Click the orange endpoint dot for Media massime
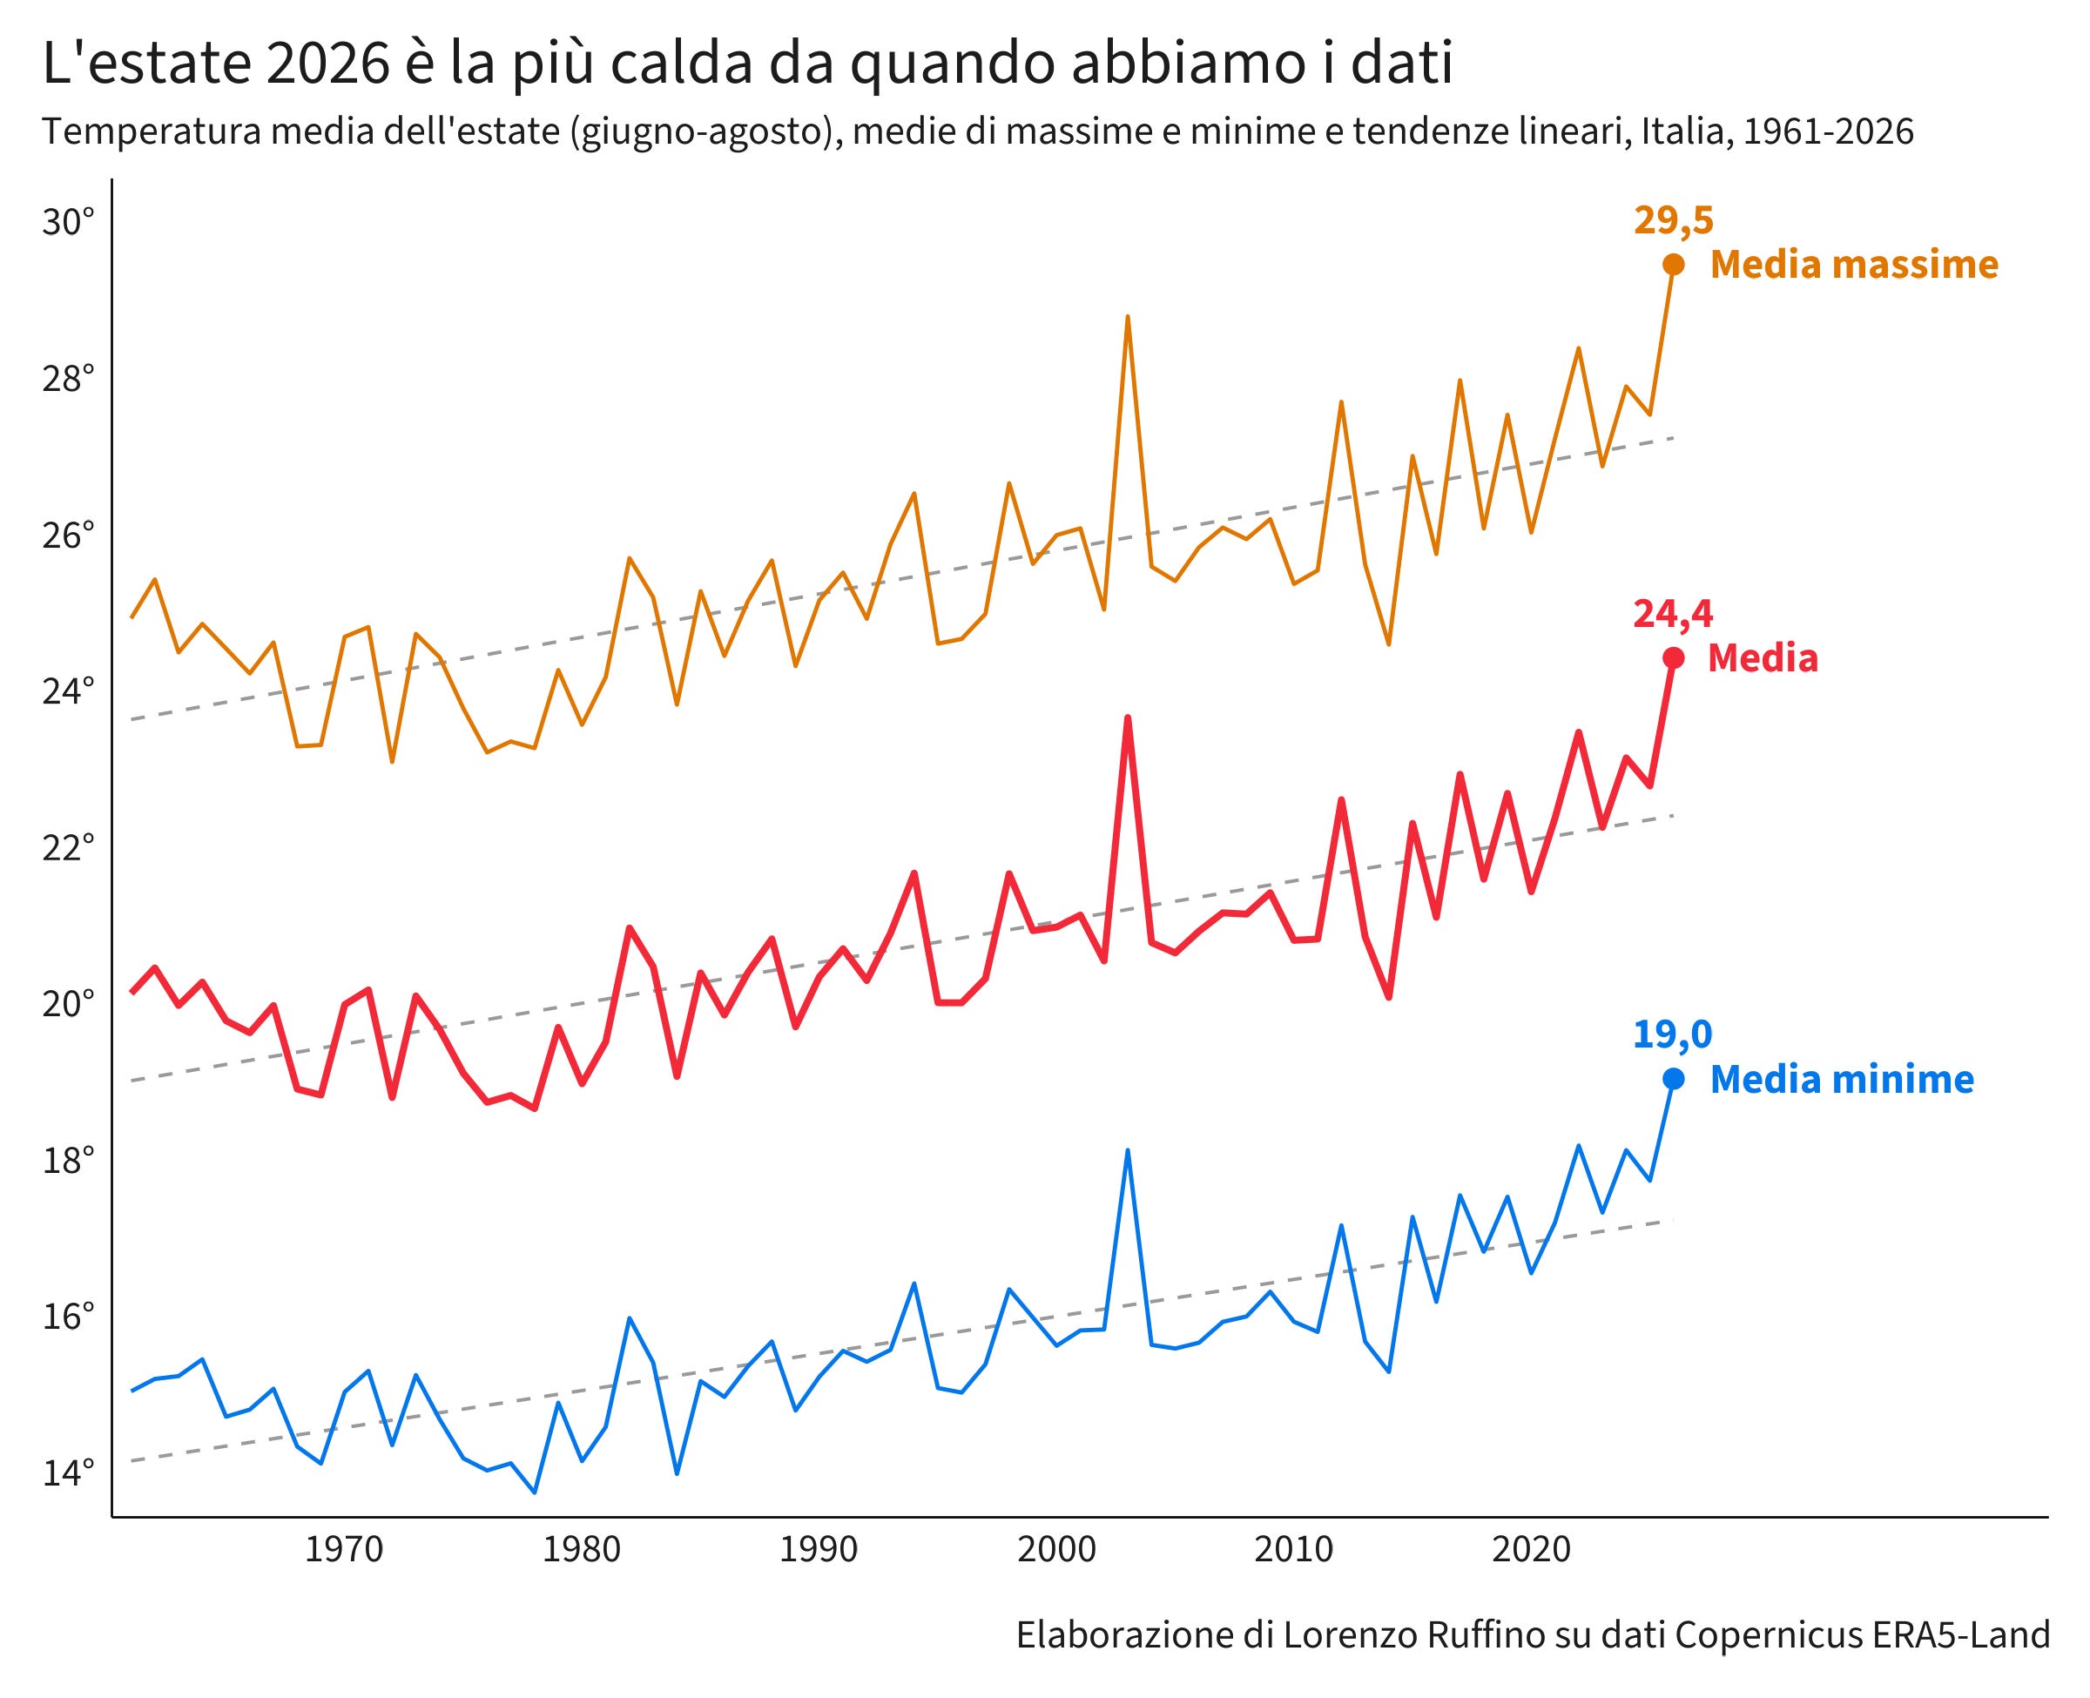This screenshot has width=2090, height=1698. point(1674,264)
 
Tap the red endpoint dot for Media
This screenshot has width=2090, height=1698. point(1674,658)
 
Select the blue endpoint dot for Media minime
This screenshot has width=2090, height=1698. point(1674,1079)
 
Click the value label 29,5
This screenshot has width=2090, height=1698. point(1674,221)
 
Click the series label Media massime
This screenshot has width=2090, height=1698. point(1853,265)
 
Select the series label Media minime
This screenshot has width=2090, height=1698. point(1842,1080)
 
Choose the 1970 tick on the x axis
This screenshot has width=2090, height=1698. point(344,1549)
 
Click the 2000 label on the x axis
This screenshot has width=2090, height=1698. point(1056,1549)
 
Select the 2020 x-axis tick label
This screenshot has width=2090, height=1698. point(1531,1549)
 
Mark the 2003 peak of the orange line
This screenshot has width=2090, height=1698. point(1128,317)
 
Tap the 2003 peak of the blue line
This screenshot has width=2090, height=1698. point(1128,1150)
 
